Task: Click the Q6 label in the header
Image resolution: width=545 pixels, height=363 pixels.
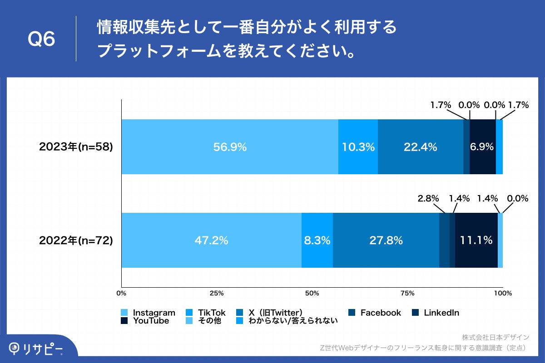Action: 41,39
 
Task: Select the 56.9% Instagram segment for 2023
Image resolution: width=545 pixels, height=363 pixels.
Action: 230,147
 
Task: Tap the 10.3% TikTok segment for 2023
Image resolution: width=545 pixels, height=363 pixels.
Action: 358,147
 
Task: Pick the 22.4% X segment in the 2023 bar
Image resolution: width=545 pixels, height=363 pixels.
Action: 421,147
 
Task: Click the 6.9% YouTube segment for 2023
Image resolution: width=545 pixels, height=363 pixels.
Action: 482,147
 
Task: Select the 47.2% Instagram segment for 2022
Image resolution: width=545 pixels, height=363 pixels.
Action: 212,240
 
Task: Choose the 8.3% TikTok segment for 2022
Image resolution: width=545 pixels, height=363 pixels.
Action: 317,240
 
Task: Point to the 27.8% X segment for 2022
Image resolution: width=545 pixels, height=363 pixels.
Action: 386,240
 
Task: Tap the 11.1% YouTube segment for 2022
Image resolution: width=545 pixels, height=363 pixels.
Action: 476,240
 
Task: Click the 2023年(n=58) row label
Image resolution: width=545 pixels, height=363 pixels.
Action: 76,147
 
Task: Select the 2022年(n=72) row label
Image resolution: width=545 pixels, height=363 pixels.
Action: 76,240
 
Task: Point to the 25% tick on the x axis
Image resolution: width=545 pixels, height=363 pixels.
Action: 217,293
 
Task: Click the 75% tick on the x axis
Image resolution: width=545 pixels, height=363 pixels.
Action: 407,293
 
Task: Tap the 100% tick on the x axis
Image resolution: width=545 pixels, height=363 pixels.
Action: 503,293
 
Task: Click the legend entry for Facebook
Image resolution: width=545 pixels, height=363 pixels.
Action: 375,313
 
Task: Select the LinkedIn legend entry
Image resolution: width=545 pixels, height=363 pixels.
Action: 436,313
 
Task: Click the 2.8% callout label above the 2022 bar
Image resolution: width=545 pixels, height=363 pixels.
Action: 428,198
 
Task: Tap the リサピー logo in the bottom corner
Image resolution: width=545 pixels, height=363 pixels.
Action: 36,349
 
